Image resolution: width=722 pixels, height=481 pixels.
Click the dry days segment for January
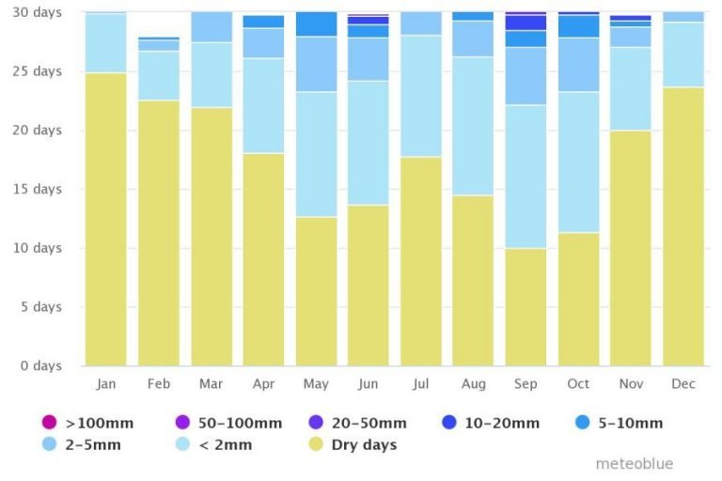click(x=105, y=219)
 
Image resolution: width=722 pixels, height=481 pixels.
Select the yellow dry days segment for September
click(x=526, y=306)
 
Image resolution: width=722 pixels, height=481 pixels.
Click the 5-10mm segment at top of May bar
click(x=316, y=23)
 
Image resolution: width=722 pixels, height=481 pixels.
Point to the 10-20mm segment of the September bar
click(x=526, y=23)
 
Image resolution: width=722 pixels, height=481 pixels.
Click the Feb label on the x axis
click(x=158, y=384)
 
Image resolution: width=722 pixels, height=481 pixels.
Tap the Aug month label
click(x=473, y=384)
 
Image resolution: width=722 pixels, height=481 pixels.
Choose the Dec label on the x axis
click(x=683, y=384)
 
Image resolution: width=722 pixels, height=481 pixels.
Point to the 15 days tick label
click(x=40, y=189)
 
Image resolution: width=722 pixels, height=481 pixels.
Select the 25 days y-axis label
click(x=40, y=71)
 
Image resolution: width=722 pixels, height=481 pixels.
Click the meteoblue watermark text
click(x=635, y=464)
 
